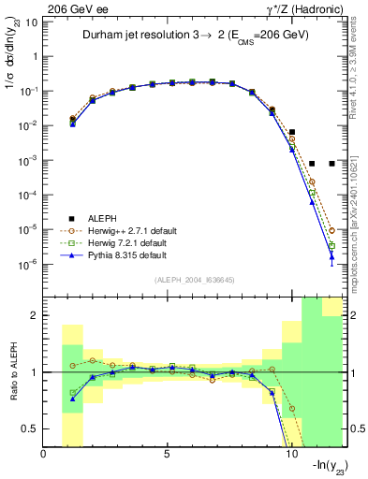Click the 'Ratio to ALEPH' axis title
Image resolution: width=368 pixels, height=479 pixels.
pos(11,372)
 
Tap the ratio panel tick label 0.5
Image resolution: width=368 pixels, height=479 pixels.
pos(28,428)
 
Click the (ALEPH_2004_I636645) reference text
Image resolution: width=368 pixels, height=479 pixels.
pos(194,281)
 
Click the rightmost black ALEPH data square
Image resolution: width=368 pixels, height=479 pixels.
pos(332,163)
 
